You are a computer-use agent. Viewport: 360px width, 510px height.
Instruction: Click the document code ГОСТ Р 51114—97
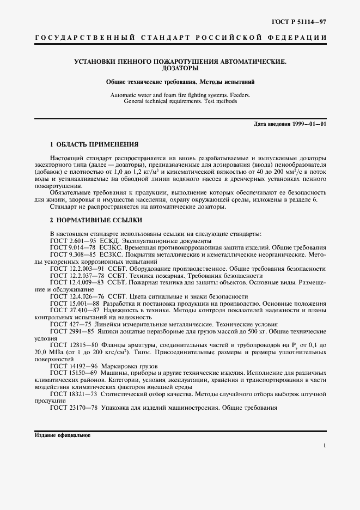coord(302,21)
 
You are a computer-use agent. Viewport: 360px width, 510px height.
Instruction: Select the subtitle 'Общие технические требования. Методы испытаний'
coord(180,82)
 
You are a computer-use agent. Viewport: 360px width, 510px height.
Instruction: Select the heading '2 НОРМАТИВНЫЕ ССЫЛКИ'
coord(96,220)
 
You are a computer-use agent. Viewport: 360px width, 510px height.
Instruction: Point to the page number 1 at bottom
coord(325,446)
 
